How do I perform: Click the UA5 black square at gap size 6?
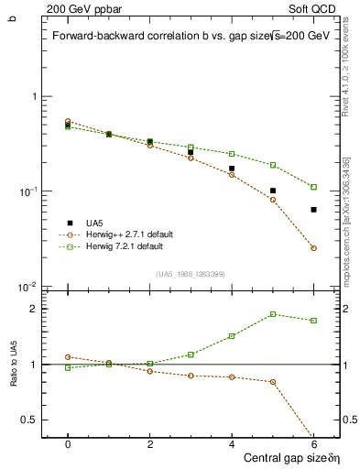point(313,210)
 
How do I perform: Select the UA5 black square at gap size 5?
point(273,191)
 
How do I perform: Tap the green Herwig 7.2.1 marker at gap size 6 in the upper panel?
point(313,187)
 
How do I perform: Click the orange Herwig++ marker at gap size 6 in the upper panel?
point(313,248)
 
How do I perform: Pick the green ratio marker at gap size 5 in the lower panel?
point(273,314)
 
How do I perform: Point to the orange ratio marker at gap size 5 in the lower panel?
point(273,382)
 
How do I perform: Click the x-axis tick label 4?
point(232,443)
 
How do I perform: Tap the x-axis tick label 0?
point(68,443)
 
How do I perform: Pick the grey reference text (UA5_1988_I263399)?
point(191,274)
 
